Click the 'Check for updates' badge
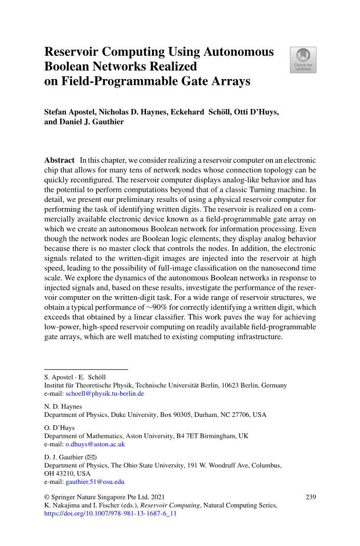click(303, 60)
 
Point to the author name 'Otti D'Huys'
click(254, 112)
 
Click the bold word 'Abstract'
click(59, 160)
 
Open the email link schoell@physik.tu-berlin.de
click(104, 394)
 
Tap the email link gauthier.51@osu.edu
click(95, 482)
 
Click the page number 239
click(311, 496)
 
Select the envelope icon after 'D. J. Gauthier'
click(91, 457)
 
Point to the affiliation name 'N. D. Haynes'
click(63, 407)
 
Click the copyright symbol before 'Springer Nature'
click(47, 496)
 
